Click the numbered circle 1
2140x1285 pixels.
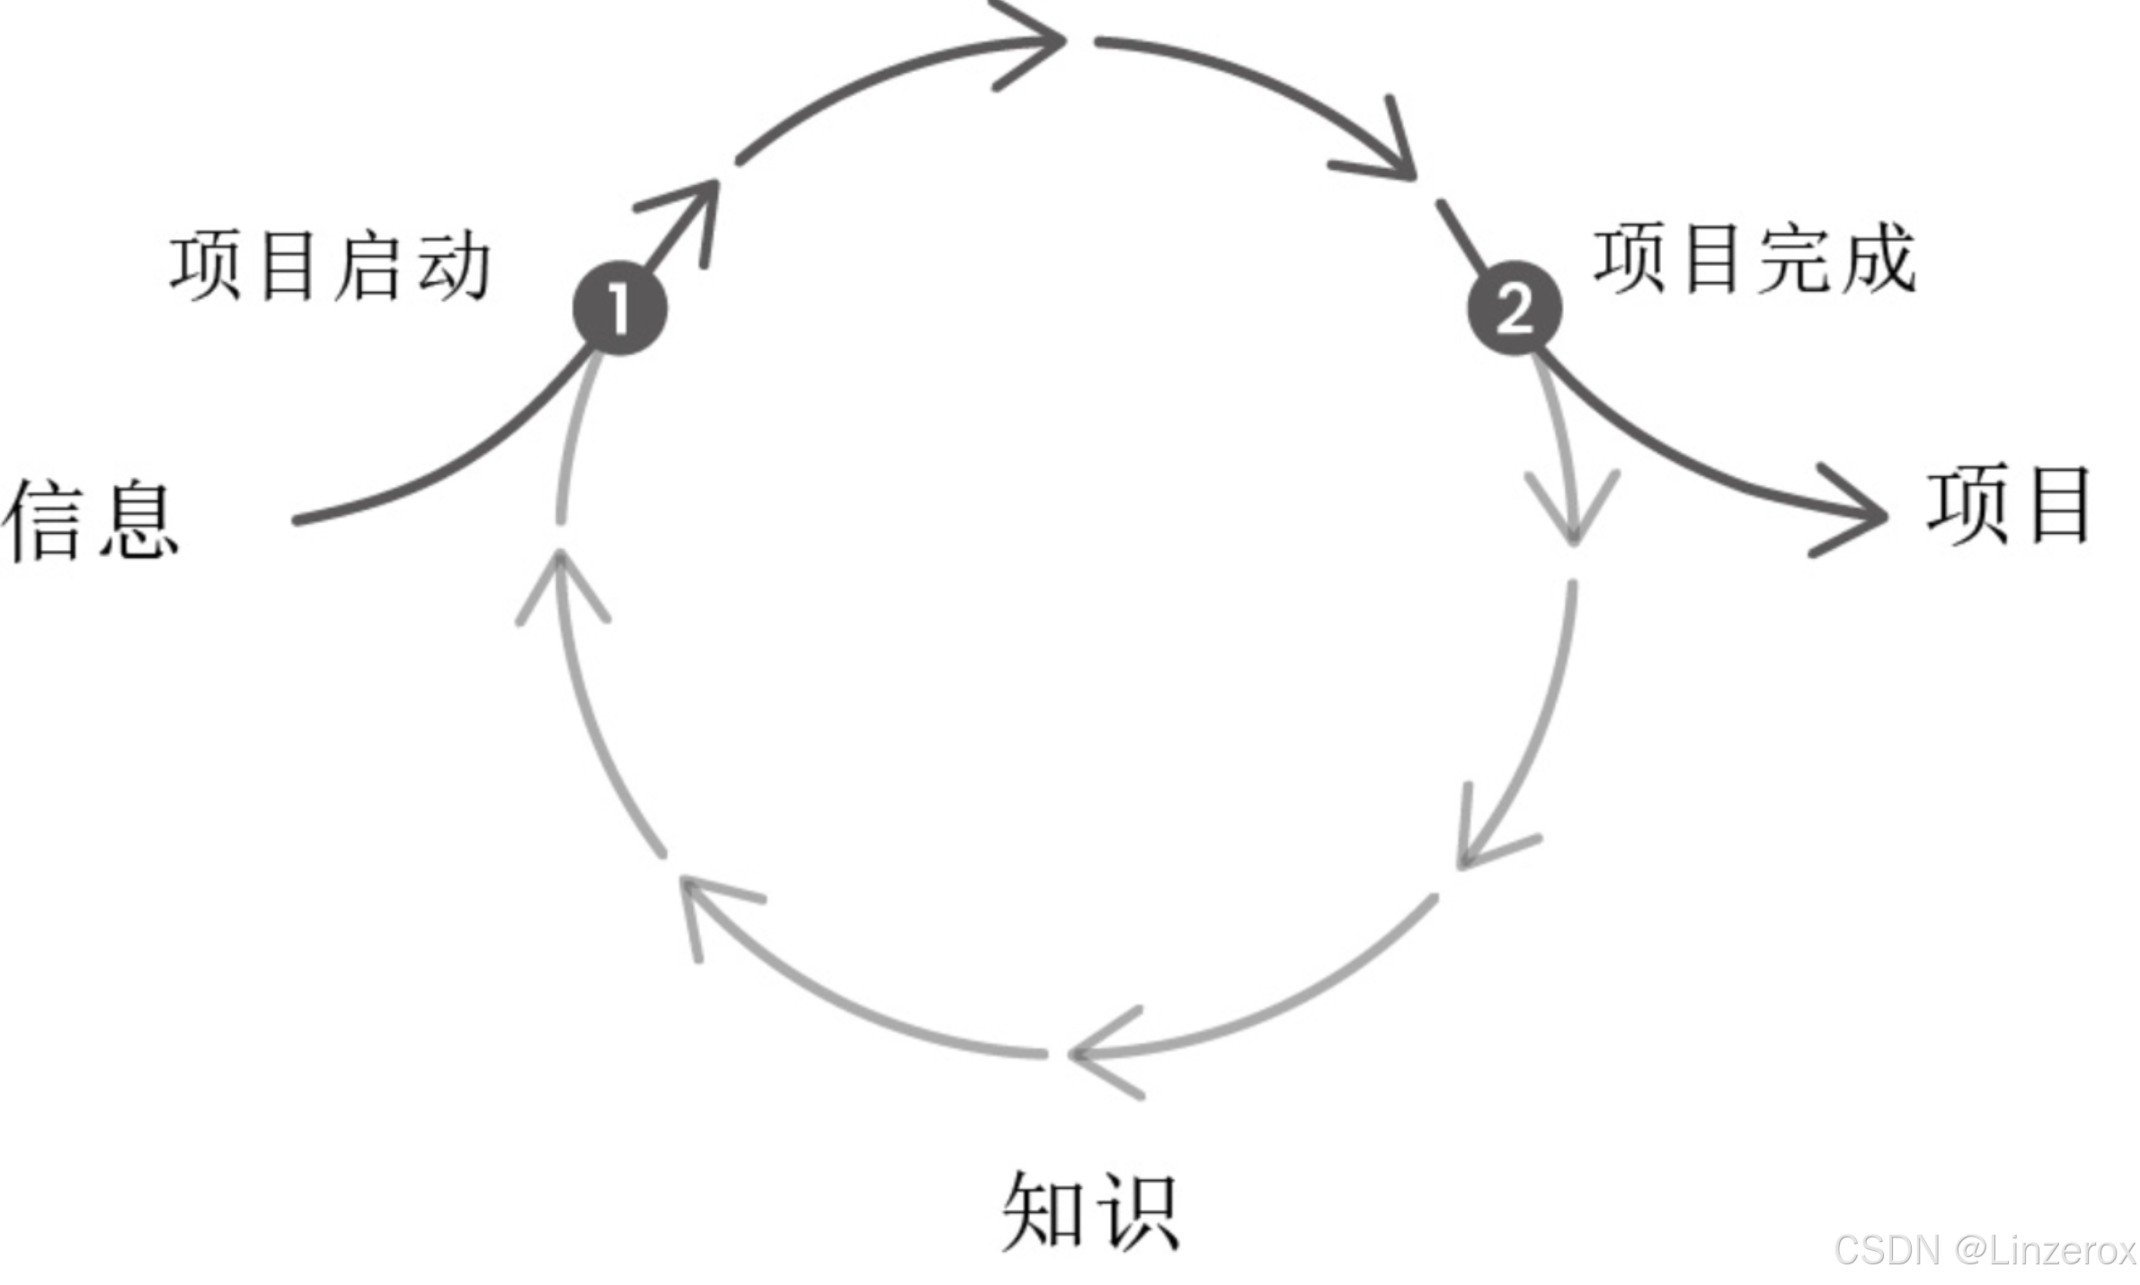click(x=619, y=308)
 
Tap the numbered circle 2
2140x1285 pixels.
click(x=1514, y=308)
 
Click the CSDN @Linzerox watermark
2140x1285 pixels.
click(x=1985, y=1250)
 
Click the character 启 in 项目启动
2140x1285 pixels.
click(x=369, y=266)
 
